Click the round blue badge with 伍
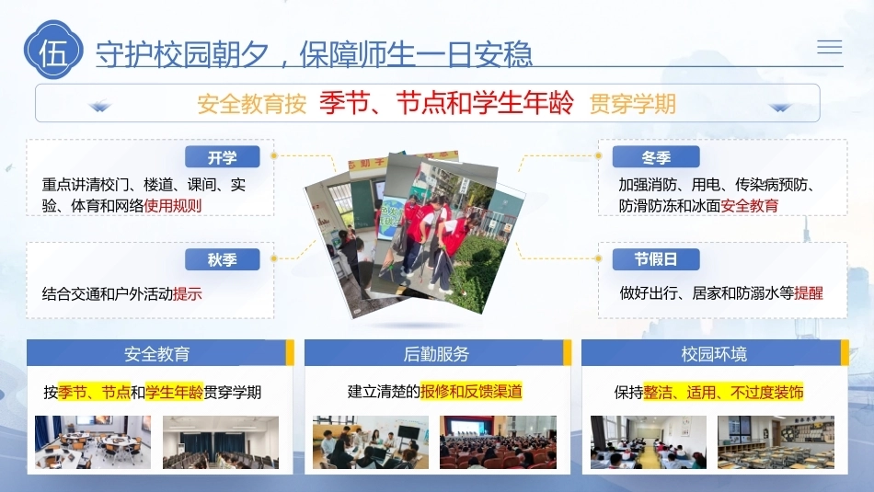(x=53, y=51)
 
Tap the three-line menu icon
(x=830, y=47)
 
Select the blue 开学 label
(x=223, y=157)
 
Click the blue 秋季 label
(x=223, y=259)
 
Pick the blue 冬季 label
(x=655, y=157)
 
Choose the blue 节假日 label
(x=655, y=259)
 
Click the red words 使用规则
(x=173, y=206)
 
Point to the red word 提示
(x=188, y=293)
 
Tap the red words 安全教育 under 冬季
(x=750, y=206)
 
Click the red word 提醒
(x=809, y=293)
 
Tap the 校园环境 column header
(x=715, y=353)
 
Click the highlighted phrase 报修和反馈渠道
(x=471, y=391)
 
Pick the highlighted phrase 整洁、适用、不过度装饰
(x=723, y=393)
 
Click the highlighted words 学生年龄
(x=174, y=393)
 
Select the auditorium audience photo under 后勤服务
(x=498, y=441)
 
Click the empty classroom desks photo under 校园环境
(x=776, y=441)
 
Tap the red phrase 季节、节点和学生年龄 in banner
(x=446, y=103)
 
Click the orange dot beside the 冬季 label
(x=598, y=155)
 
